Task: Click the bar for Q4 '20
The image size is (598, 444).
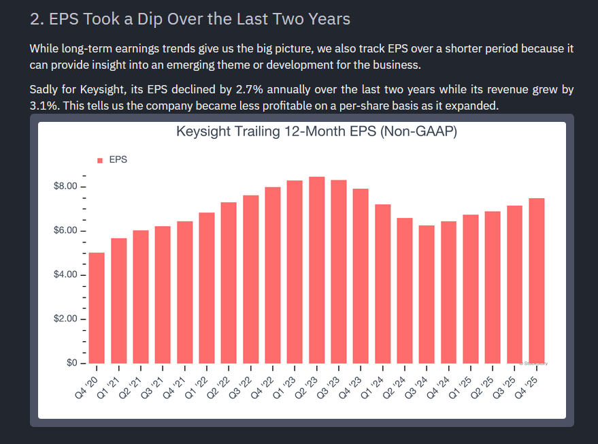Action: (97, 308)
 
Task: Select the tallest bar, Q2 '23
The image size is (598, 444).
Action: (317, 270)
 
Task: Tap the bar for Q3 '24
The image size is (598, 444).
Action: (427, 294)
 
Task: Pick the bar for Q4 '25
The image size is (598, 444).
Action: (537, 281)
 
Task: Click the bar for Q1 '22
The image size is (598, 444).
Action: (207, 288)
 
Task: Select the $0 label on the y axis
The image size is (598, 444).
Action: (71, 363)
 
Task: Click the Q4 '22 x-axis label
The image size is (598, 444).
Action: (263, 386)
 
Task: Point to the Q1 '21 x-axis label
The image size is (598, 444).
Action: (109, 386)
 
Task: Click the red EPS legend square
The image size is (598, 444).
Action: (100, 160)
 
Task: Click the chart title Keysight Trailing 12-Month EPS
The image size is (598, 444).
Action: (316, 131)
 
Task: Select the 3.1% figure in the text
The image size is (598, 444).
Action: (44, 107)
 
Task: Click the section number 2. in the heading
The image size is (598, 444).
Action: (36, 18)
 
